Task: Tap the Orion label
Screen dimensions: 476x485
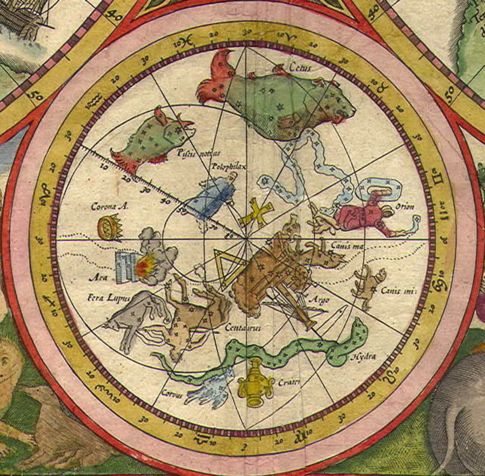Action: (x=405, y=207)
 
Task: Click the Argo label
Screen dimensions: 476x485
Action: (x=319, y=300)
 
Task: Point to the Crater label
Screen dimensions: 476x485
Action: (x=289, y=383)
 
